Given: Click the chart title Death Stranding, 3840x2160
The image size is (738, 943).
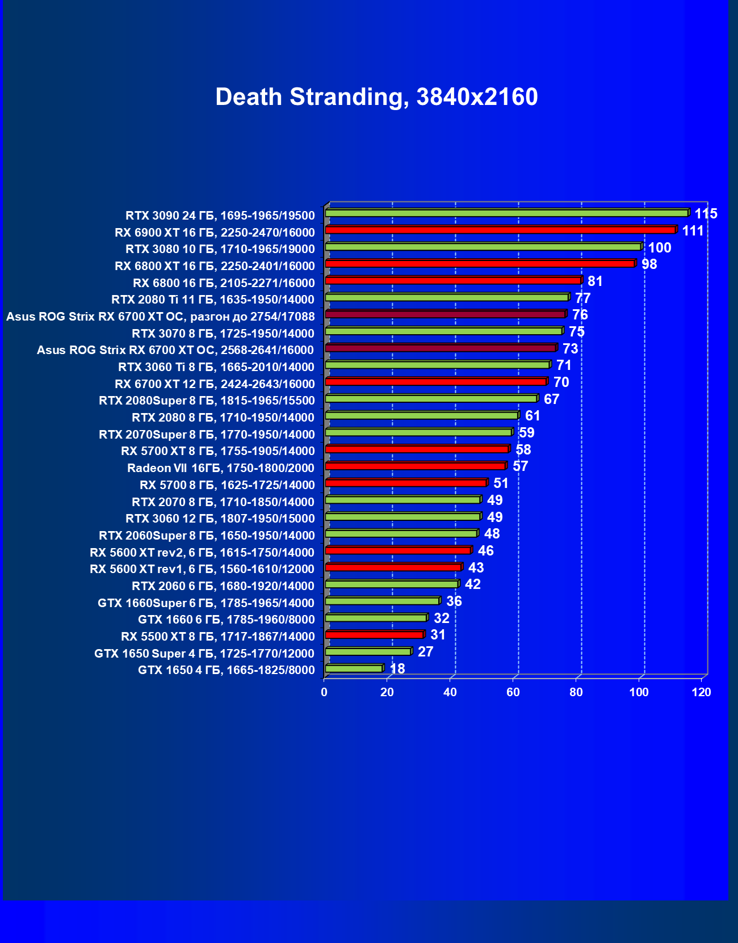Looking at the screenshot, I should tap(376, 97).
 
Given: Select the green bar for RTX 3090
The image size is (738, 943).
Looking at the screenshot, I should tap(506, 213).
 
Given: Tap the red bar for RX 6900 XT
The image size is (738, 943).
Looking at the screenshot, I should tap(500, 230).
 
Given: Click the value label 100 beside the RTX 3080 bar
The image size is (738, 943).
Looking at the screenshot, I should tap(660, 248).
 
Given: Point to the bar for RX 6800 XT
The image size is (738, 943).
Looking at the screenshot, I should tap(480, 264).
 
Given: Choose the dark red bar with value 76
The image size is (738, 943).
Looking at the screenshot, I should tap(445, 314).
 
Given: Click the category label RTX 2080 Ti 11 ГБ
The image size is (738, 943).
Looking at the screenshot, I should tap(213, 300).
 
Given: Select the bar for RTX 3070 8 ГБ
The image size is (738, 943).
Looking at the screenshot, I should tap(443, 331).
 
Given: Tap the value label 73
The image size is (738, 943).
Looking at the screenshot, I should tap(570, 349).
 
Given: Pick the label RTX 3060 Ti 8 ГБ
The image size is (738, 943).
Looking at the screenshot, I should tap(216, 367).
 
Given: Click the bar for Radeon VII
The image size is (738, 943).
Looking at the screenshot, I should tap(415, 466).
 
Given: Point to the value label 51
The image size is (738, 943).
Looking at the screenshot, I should tap(501, 483).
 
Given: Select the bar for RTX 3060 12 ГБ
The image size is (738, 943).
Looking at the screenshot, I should tap(402, 517).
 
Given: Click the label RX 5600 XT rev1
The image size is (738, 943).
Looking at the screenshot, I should tap(202, 569).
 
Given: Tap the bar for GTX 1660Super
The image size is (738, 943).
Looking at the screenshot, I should tap(382, 601).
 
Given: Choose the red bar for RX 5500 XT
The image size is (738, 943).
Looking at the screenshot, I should tap(374, 635).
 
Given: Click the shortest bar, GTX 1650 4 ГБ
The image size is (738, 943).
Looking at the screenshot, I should tap(354, 669).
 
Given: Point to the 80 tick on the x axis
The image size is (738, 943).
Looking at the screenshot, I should tap(576, 692).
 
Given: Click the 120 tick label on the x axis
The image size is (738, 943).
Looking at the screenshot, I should tap(702, 692).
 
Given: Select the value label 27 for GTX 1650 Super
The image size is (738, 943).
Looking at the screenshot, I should tap(426, 652).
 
